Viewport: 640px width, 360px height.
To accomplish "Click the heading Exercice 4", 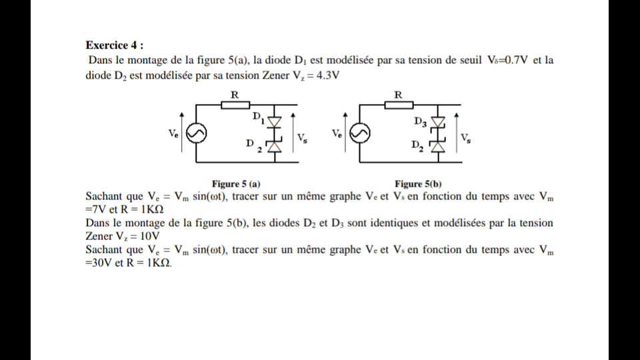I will [x=114, y=45].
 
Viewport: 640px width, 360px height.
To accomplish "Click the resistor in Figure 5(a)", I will [x=234, y=105].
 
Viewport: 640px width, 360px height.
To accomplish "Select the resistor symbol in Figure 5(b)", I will [x=398, y=105].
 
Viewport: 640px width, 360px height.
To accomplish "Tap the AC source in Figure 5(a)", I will [x=196, y=134].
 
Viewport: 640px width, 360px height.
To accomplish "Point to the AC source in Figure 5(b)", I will [x=359, y=134].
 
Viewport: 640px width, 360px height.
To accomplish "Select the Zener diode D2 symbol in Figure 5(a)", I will [x=273, y=146].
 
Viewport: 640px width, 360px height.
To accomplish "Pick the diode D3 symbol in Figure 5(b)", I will [x=437, y=122].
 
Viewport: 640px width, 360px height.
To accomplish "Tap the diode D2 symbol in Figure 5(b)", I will [x=437, y=145].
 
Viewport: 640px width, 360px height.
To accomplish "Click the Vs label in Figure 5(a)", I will [x=302, y=138].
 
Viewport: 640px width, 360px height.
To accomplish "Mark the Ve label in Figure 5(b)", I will [x=337, y=134].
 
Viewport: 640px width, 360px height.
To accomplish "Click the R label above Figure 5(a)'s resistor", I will [x=235, y=95].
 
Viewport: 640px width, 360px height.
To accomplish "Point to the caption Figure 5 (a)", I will [x=236, y=183].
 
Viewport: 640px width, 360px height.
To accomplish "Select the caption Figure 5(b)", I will [x=418, y=183].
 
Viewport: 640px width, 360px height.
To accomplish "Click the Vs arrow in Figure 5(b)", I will [x=456, y=133].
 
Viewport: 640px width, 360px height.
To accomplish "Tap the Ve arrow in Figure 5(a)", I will [x=183, y=134].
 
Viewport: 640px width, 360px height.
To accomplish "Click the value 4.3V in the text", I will [x=327, y=75].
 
